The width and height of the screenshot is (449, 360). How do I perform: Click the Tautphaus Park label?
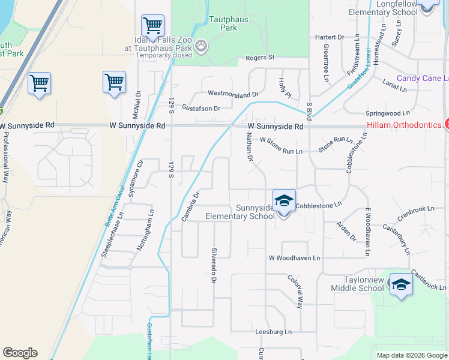[224, 23]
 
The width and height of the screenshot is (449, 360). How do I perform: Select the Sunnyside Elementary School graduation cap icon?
[284, 201]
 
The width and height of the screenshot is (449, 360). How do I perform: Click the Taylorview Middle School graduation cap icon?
[400, 284]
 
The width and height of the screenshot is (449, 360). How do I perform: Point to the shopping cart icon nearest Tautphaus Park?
[152, 26]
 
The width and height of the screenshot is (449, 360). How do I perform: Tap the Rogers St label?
[260, 58]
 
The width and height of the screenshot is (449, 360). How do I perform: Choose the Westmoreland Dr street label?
[232, 94]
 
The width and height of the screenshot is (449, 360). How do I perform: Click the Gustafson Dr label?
[201, 109]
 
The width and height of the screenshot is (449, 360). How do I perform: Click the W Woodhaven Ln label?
[294, 258]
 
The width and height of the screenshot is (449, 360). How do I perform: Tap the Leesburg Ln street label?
[273, 331]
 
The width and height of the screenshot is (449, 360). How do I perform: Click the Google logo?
[20, 353]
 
